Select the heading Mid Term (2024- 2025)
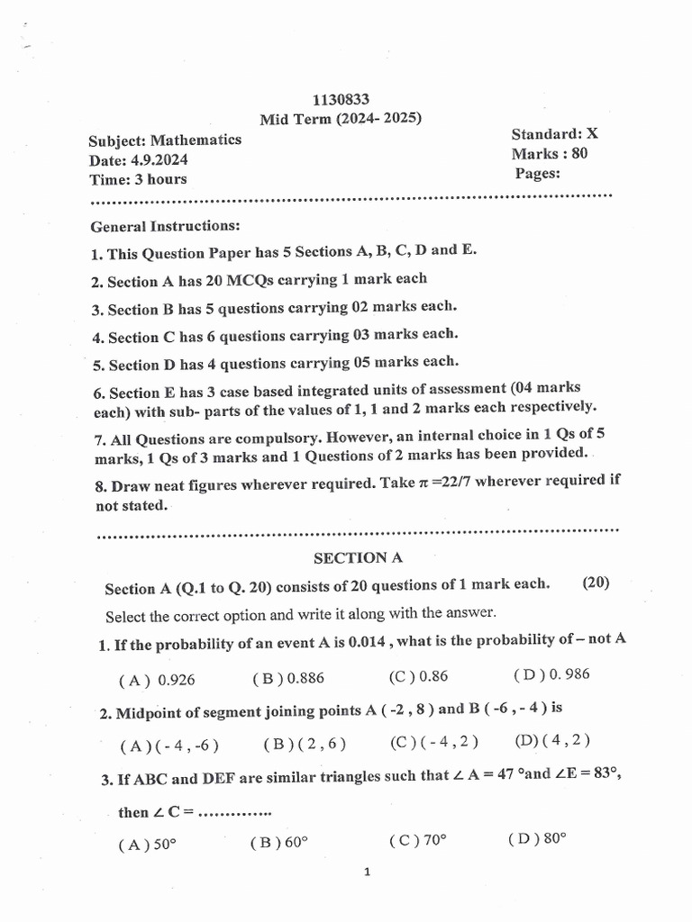(341, 119)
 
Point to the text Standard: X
(554, 134)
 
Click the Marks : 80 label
(550, 153)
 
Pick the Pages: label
(538, 173)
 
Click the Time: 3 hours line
(138, 179)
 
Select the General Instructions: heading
(166, 226)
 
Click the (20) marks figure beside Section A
(596, 583)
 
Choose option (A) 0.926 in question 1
(157, 680)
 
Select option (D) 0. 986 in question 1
(551, 674)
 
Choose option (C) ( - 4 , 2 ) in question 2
(433, 742)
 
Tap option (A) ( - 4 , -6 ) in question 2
(169, 746)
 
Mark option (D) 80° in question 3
(537, 839)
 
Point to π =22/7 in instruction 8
(443, 481)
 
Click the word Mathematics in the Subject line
(196, 140)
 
